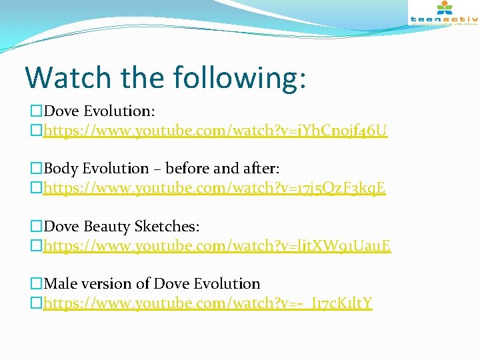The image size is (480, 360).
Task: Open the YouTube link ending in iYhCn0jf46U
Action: tap(215, 129)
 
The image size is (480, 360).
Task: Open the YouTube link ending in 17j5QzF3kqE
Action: tap(214, 188)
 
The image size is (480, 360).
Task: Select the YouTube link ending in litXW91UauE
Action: tap(217, 246)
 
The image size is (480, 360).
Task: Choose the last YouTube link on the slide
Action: tap(207, 304)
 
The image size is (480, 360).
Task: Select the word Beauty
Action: tap(105, 227)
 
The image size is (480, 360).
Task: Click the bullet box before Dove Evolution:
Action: tap(36, 111)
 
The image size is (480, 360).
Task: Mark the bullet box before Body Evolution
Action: tap(36, 169)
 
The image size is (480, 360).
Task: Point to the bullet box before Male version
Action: tap(36, 285)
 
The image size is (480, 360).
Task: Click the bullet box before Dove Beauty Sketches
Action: tap(36, 227)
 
